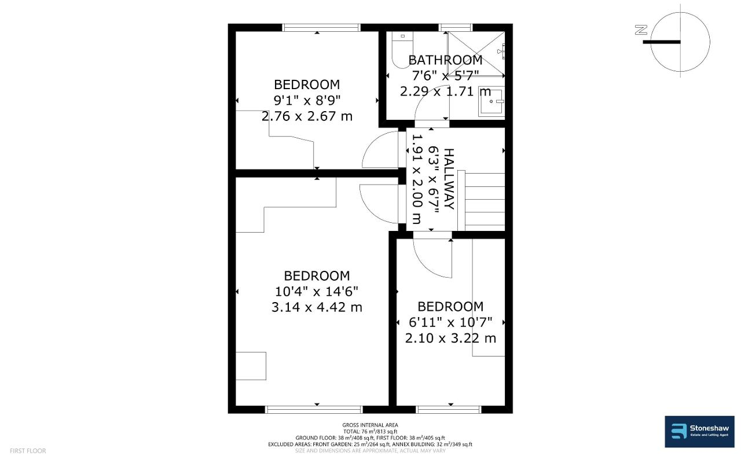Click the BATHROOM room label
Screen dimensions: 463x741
445,60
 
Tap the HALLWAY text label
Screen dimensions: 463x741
449,179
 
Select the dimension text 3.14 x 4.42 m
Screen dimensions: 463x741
317,307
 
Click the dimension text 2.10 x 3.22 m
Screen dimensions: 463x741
450,338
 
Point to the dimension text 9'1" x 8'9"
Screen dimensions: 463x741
307,100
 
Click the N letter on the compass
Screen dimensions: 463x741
641,30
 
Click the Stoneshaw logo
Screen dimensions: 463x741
699,432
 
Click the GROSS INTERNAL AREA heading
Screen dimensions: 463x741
370,425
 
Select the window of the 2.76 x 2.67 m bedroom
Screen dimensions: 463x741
321,27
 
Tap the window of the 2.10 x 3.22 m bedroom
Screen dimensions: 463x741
449,410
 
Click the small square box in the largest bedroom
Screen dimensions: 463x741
251,366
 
